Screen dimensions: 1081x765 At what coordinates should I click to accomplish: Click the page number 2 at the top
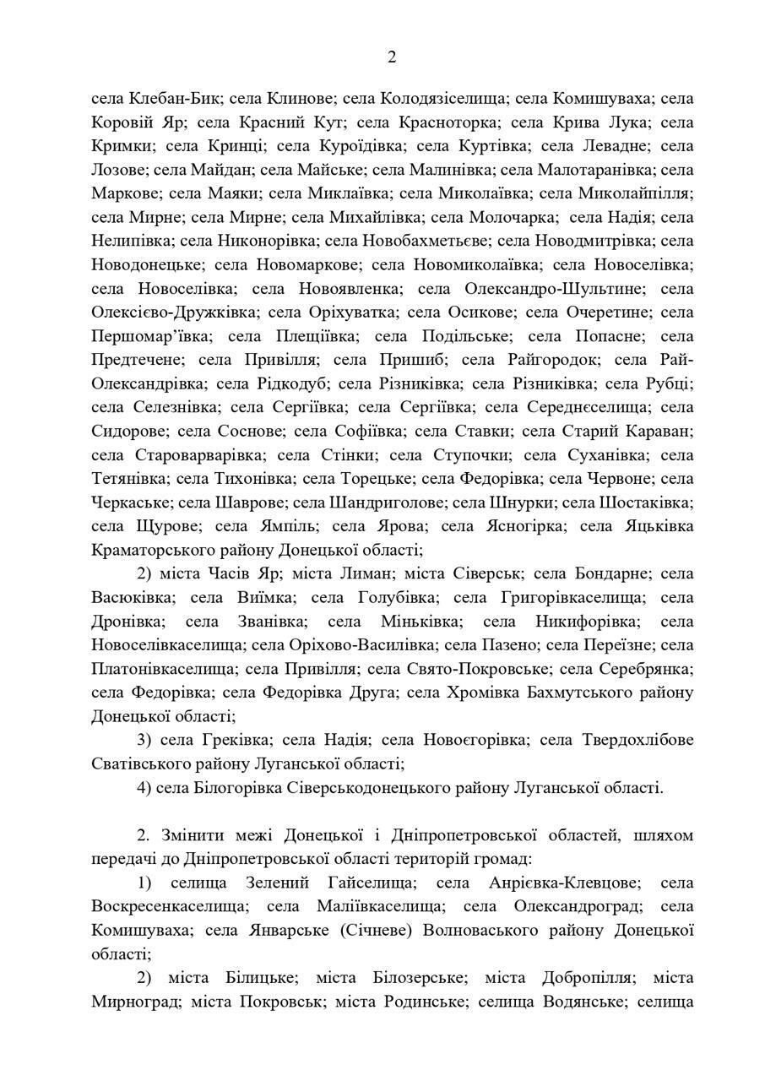pos(391,57)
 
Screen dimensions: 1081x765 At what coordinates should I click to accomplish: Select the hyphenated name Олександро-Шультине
pos(555,289)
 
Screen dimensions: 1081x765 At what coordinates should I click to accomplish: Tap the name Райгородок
pos(552,360)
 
